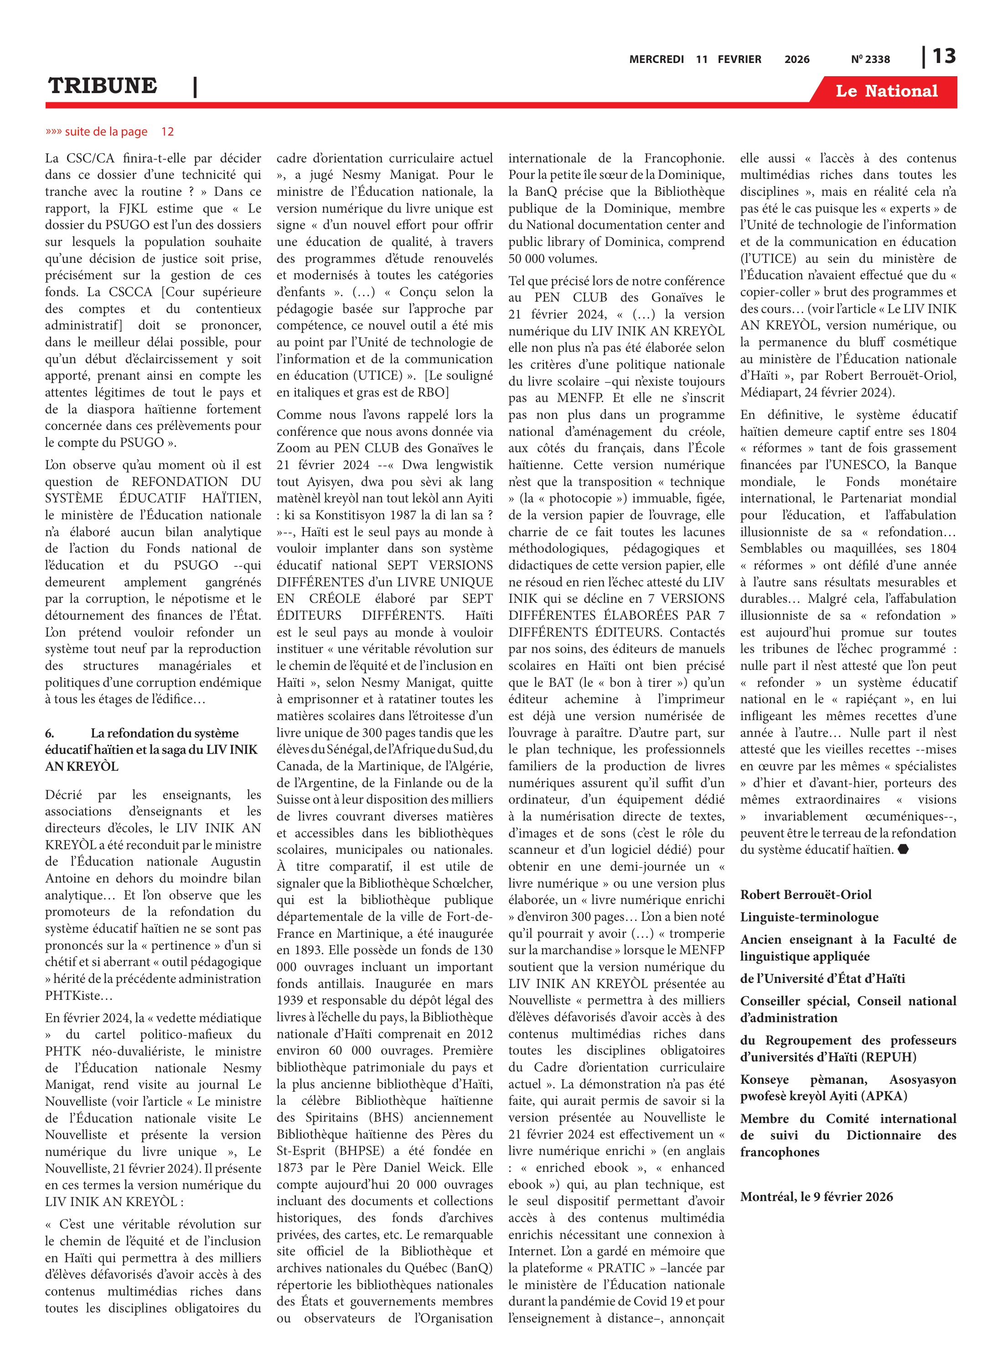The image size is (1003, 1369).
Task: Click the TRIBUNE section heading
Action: pyautogui.click(x=103, y=86)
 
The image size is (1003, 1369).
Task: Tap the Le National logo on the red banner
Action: pyautogui.click(x=886, y=91)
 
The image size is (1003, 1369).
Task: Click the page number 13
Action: pyautogui.click(x=943, y=57)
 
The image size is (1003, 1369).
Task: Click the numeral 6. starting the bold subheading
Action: pyautogui.click(x=50, y=733)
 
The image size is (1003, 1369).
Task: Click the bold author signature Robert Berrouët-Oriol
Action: pyautogui.click(x=805, y=894)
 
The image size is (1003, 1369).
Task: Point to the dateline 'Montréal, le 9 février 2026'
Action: pyautogui.click(x=816, y=1197)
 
